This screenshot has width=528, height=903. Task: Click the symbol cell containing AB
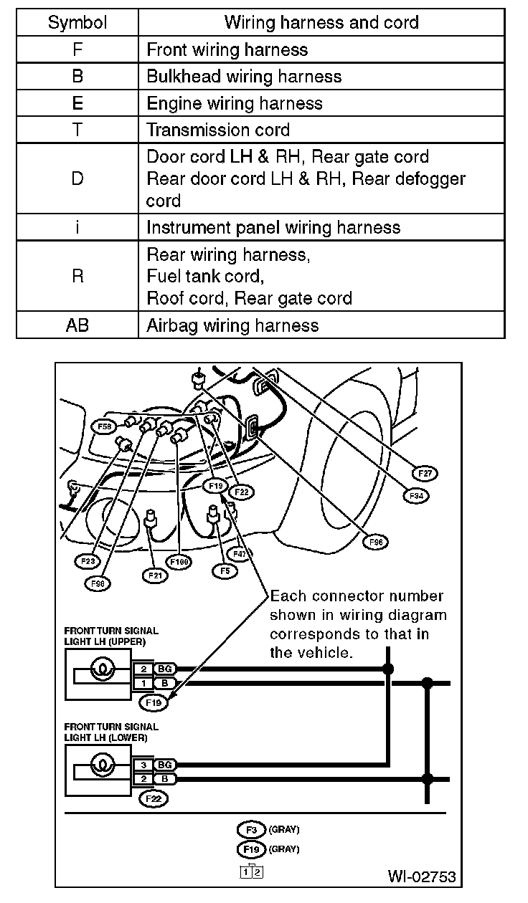77,325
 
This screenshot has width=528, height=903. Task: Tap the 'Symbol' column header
77,22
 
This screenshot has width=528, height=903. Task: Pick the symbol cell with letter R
77,277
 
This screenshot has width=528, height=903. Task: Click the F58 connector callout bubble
105,427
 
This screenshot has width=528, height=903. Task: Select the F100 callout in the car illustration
178,562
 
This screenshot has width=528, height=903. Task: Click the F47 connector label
240,554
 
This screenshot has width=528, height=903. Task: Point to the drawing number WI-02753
421,876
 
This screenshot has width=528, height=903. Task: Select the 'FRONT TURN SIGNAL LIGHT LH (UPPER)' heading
111,636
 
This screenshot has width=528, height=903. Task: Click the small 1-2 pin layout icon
252,872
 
